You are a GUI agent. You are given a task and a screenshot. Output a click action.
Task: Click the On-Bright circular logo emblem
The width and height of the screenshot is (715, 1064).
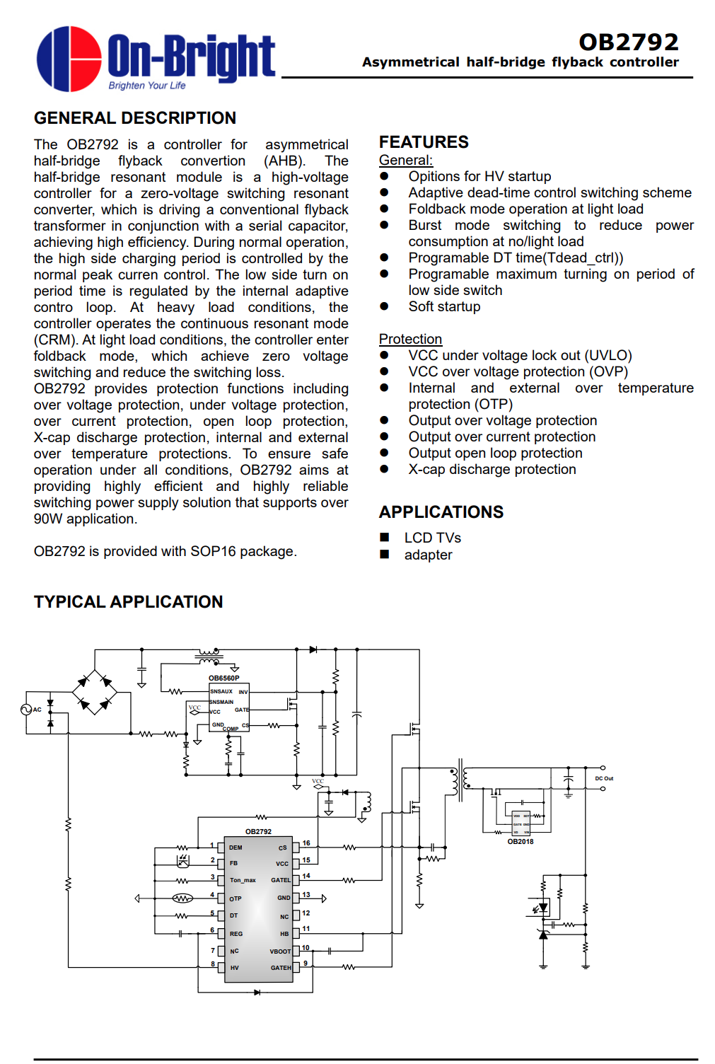[69, 59]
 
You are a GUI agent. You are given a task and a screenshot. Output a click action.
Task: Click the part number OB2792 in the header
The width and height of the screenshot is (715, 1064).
[628, 42]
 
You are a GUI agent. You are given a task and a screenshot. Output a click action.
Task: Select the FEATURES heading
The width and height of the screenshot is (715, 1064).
[423, 142]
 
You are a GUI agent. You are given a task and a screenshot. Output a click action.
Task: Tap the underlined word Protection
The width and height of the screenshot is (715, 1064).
[410, 339]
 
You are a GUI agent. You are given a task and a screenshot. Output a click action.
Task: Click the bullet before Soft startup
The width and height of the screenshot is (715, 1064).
[384, 306]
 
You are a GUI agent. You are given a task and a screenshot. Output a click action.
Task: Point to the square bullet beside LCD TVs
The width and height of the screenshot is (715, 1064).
[385, 538]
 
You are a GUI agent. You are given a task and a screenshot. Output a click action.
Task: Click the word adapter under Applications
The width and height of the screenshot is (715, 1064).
[428, 555]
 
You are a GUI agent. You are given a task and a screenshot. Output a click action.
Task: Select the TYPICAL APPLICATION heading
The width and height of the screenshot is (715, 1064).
[128, 602]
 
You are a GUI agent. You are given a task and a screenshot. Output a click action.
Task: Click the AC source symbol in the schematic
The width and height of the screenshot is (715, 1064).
[26, 709]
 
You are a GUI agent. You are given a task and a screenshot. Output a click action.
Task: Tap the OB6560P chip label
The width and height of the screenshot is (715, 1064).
[223, 678]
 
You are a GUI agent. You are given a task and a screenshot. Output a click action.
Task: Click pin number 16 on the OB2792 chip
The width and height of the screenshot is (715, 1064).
[306, 843]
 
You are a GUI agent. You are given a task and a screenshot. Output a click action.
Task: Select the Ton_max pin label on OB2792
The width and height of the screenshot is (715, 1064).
[243, 880]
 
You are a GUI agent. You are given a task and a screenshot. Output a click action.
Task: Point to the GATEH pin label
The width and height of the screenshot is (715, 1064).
[281, 968]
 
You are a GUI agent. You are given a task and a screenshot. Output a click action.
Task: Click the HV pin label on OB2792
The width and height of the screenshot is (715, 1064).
[234, 968]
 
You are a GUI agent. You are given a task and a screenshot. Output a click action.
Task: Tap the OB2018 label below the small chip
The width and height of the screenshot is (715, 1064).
[521, 842]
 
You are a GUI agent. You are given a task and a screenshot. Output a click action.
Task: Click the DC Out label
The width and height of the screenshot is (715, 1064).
[604, 778]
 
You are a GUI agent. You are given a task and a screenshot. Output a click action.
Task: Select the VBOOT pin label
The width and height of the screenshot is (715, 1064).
[280, 952]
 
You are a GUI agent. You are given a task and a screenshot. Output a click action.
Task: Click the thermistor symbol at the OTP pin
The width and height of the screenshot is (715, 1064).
[182, 898]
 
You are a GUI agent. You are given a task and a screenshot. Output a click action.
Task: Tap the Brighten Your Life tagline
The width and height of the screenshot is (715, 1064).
[147, 86]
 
